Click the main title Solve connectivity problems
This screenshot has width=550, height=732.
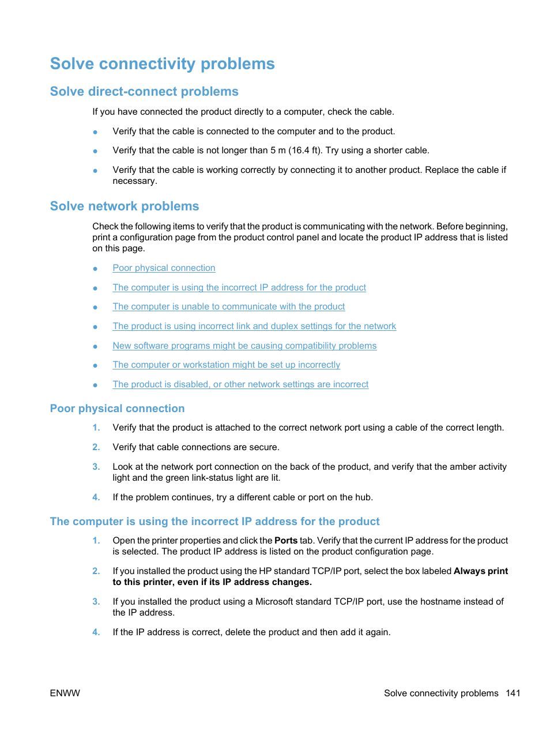pos(162,63)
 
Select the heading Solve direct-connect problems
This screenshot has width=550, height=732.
pos(144,92)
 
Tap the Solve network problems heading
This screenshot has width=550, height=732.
pos(125,206)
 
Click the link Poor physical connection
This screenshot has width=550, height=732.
pos(164,268)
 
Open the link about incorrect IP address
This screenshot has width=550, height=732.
pos(239,288)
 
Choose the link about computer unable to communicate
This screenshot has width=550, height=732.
pos(229,307)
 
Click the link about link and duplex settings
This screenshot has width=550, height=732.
pos(254,326)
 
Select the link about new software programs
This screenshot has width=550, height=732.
pos(244,346)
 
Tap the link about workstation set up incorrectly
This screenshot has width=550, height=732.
pos(227,365)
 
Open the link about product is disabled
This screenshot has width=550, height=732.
pos(240,384)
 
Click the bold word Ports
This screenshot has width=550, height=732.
pos(286,541)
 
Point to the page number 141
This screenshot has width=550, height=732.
pos(513,693)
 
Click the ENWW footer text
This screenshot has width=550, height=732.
pos(65,693)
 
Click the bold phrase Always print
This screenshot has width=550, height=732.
pos(480,571)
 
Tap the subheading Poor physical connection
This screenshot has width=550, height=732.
pos(117,409)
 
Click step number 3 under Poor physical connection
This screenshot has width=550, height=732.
pos(96,467)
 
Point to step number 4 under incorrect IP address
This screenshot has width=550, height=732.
pos(96,632)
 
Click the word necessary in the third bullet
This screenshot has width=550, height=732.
pos(134,181)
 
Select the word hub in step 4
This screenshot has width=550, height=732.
pos(365,497)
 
